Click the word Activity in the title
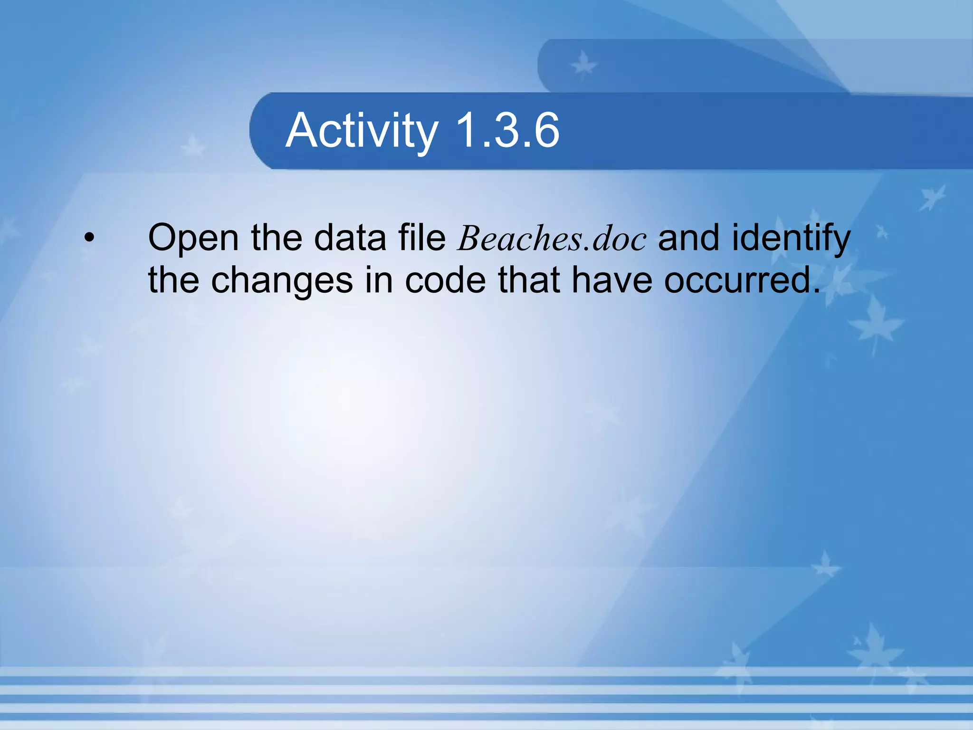tap(362, 131)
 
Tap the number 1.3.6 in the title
tap(507, 130)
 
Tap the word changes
tap(282, 280)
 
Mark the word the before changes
tap(173, 280)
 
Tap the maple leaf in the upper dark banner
tap(583, 65)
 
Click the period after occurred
tap(816, 290)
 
